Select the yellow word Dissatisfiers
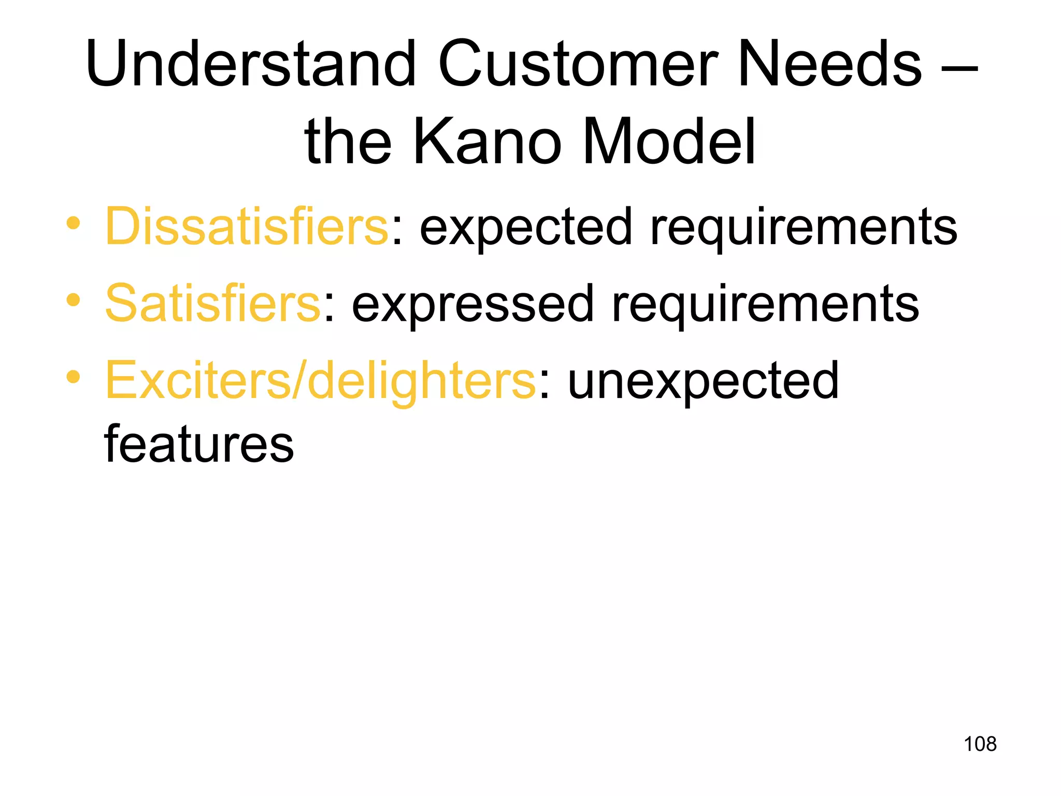(x=247, y=226)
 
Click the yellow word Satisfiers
(x=213, y=304)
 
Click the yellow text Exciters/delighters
(x=321, y=381)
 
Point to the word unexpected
(x=703, y=381)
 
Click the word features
(x=199, y=444)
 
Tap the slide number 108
(x=980, y=744)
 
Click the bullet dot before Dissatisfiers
(x=74, y=223)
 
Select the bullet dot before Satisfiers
(x=74, y=300)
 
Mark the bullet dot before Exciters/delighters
(x=74, y=377)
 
